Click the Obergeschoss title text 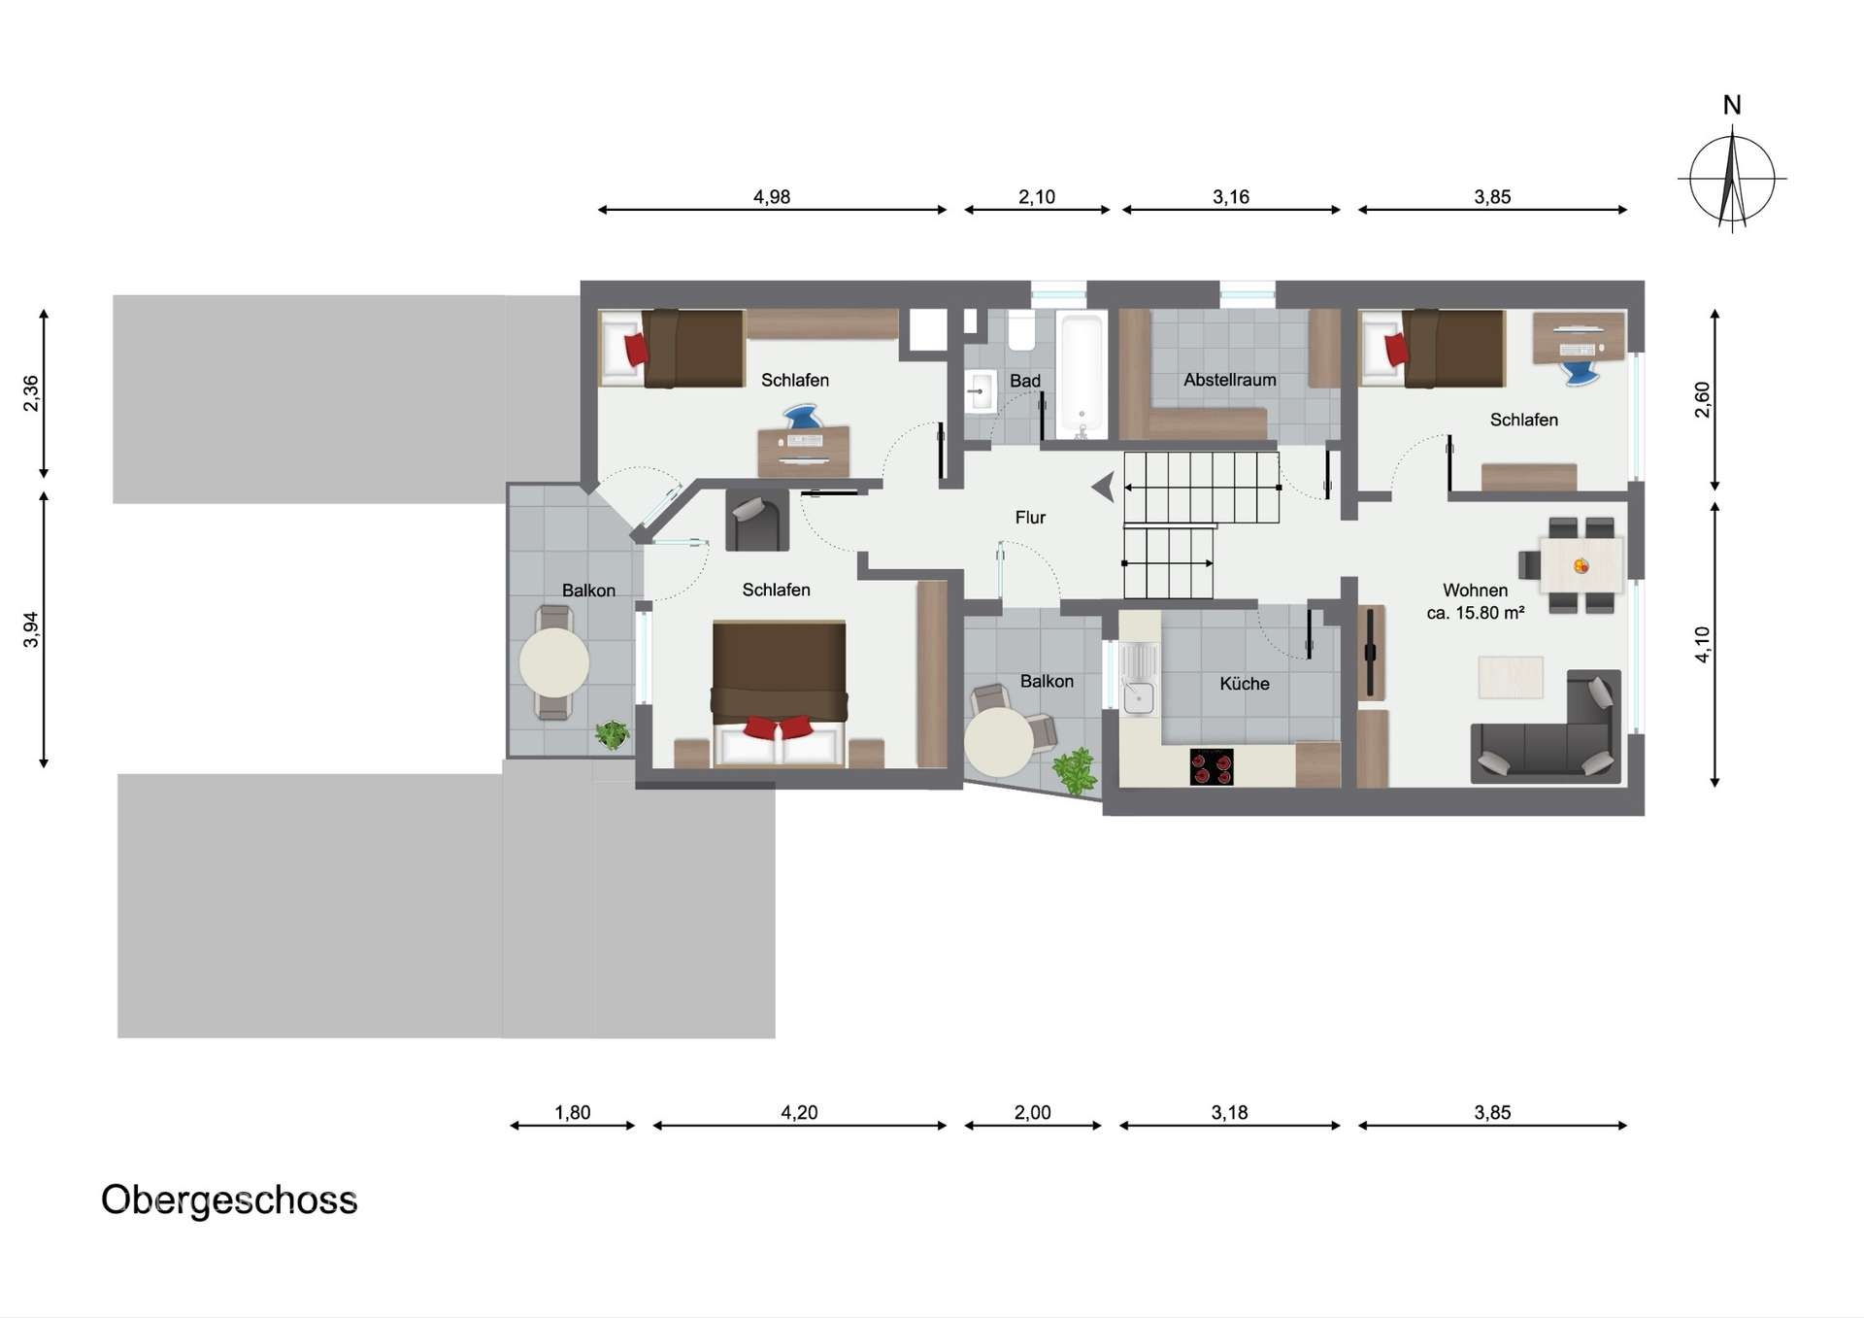pos(229,1200)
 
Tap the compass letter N pos(1732,105)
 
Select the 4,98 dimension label pos(772,197)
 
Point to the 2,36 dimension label pos(31,393)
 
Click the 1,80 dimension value pos(573,1112)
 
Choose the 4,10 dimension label pos(1702,645)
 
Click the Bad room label pos(1025,381)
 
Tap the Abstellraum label pos(1230,380)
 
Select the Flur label pos(1030,518)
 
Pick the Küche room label pos(1245,684)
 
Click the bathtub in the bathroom pos(1081,375)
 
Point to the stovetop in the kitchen pos(1212,766)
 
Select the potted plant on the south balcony pos(1075,771)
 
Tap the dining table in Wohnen pos(1581,565)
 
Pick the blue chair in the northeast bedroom pos(1581,373)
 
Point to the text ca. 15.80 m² pos(1476,613)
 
